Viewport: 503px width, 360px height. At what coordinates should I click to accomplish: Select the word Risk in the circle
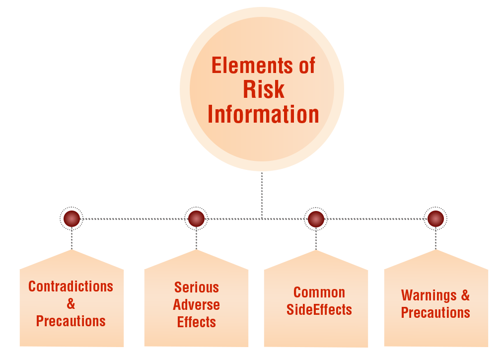tap(264, 89)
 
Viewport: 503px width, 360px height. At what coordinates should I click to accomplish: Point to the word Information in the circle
tap(263, 114)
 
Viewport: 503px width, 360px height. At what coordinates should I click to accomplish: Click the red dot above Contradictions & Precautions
tap(72, 218)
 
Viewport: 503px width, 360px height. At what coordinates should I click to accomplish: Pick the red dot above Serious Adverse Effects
tap(196, 218)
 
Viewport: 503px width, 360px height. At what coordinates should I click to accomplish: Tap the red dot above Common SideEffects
tap(316, 218)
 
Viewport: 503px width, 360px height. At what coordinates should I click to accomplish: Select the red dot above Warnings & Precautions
tap(435, 218)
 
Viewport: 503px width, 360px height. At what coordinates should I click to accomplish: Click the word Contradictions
tap(71, 287)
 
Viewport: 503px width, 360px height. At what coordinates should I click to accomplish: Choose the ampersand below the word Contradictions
tap(71, 304)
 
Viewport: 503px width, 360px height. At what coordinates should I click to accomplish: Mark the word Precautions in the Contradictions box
tap(71, 321)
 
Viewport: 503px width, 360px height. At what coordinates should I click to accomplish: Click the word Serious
tap(197, 288)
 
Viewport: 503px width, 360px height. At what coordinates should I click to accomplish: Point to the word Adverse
tap(197, 304)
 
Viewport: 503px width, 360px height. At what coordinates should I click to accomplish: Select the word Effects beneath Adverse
tap(197, 322)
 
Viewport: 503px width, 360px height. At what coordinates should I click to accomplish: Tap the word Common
tap(319, 292)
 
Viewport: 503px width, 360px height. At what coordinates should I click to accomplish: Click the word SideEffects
tap(319, 310)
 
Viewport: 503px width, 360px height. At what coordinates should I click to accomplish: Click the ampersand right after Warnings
tap(465, 295)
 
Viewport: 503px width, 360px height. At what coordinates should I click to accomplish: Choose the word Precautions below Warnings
tap(435, 312)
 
